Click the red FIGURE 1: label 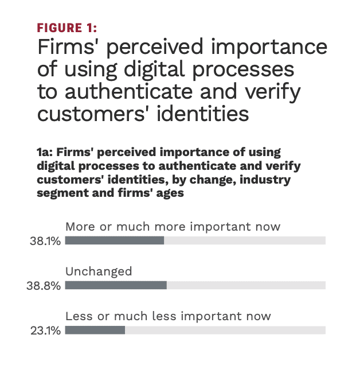[67, 28]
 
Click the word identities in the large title [205, 114]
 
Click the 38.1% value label [45, 242]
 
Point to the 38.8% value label [44, 286]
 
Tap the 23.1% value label [46, 331]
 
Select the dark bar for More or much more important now [115, 241]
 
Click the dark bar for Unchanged [116, 285]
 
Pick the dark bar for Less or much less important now [95, 330]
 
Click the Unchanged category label [99, 271]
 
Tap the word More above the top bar [79, 226]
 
